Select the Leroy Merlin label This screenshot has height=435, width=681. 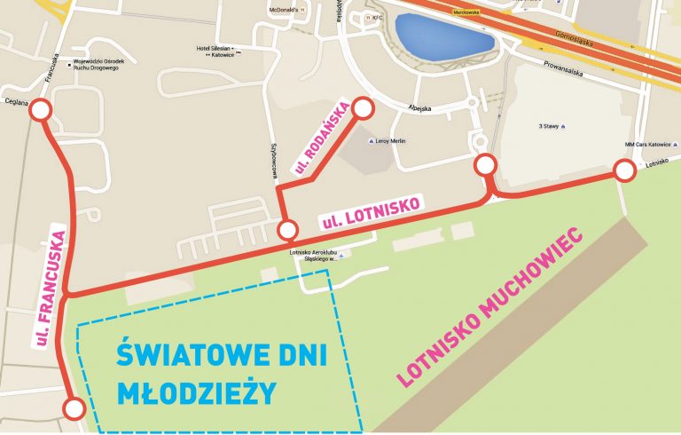pos(395,139)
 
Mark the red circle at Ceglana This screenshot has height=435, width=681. pos(42,109)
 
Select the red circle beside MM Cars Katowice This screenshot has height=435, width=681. pos(625,171)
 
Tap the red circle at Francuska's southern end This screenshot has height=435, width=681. pos(74,409)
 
